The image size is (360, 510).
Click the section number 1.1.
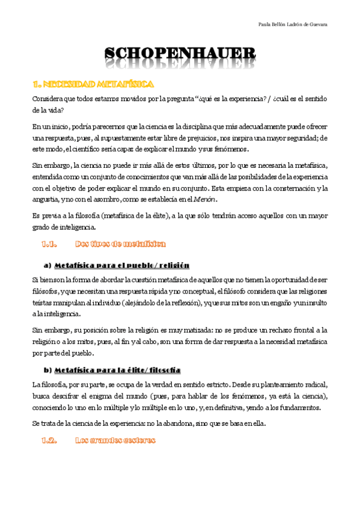[x=49, y=244]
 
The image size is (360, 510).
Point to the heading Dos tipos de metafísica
[x=120, y=244]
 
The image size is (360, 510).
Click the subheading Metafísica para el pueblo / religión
[x=121, y=265]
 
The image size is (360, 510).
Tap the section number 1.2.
[x=49, y=440]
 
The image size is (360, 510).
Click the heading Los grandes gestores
[x=115, y=440]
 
